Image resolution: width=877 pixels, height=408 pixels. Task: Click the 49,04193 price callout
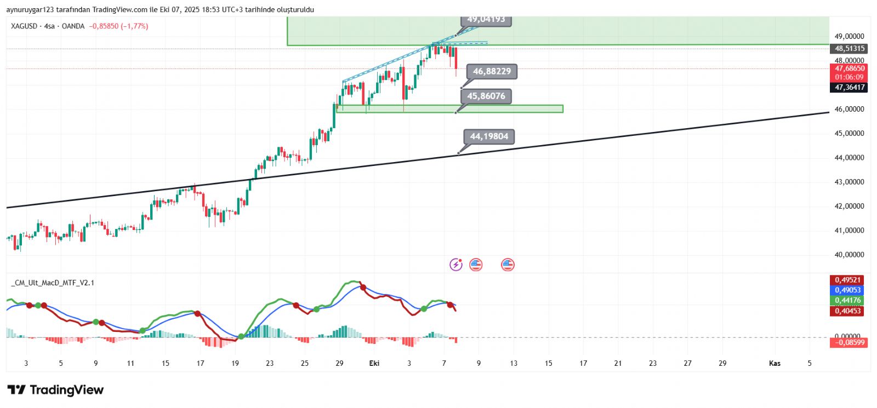point(486,20)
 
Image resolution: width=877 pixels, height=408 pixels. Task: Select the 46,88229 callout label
point(492,71)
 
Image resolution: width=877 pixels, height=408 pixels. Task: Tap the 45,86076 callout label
point(486,96)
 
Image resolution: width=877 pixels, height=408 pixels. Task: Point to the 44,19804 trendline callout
point(489,136)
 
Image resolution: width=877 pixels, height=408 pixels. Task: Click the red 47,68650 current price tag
point(850,68)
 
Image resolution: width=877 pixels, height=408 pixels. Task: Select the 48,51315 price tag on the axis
point(850,49)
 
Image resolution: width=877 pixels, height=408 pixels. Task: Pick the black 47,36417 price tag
point(850,88)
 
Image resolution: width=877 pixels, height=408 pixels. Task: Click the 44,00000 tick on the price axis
point(849,158)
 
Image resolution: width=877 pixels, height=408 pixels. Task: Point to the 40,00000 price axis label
point(849,255)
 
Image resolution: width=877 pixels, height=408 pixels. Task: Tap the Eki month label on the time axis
point(374,363)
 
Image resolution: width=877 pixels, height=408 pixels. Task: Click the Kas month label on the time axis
point(775,363)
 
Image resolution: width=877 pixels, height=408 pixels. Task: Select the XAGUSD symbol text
point(24,26)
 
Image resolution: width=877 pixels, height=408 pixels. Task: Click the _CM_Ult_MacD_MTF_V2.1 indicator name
point(53,283)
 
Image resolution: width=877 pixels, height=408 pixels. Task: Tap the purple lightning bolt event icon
point(456,265)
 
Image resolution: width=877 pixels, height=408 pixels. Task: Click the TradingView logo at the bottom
point(55,390)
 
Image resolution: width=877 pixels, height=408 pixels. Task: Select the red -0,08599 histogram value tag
point(849,343)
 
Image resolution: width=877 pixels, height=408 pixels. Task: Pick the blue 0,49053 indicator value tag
point(848,290)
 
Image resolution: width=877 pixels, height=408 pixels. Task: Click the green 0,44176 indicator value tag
point(848,300)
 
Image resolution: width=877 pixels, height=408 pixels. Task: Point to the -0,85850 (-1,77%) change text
point(118,26)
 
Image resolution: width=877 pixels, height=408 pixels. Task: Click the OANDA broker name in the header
point(73,26)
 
